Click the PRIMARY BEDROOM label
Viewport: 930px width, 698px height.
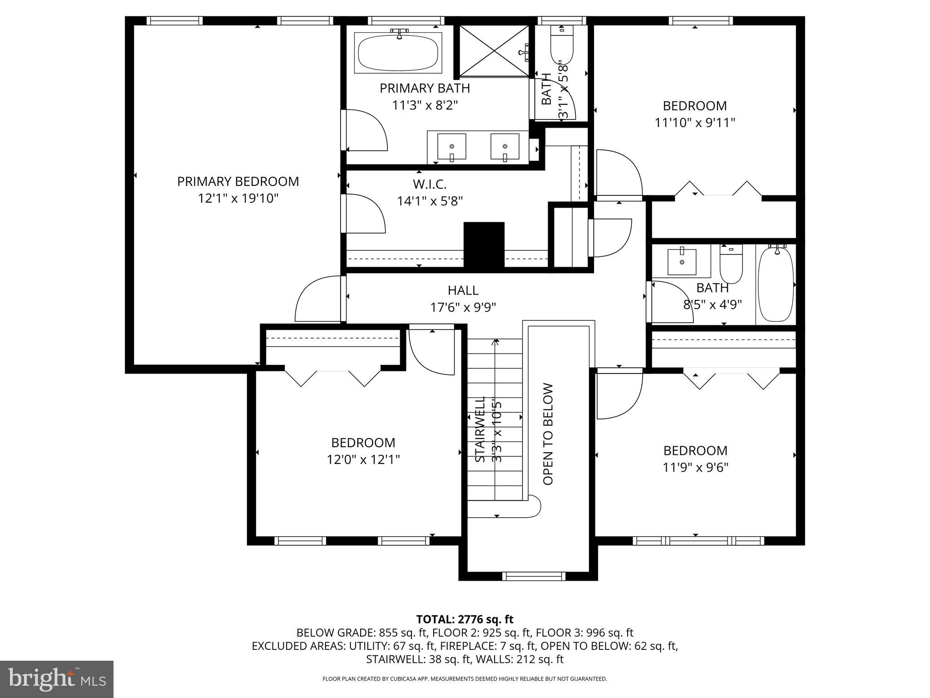pos(238,181)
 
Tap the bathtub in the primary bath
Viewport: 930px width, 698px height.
pos(398,53)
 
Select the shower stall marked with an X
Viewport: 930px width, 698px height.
pos(494,50)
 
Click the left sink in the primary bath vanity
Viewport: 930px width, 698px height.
pos(451,146)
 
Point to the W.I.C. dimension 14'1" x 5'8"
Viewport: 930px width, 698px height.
pos(430,201)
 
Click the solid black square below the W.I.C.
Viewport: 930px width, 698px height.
pos(484,244)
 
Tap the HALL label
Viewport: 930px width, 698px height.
pos(463,290)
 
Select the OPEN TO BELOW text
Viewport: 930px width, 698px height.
pos(548,434)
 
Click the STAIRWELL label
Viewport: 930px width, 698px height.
pos(480,429)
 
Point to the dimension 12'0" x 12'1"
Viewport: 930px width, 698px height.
pos(363,460)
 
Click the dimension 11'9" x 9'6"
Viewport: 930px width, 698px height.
pos(695,468)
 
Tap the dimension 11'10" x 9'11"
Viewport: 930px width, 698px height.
pos(694,123)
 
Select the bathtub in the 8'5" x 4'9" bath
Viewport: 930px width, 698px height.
pos(776,284)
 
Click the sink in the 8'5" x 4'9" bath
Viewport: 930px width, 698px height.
pos(682,262)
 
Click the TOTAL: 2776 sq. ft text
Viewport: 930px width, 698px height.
pos(465,619)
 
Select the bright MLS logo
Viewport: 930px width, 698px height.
pos(57,679)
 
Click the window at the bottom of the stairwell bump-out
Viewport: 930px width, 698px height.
pos(534,576)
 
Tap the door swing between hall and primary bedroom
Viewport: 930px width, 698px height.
pos(318,300)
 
